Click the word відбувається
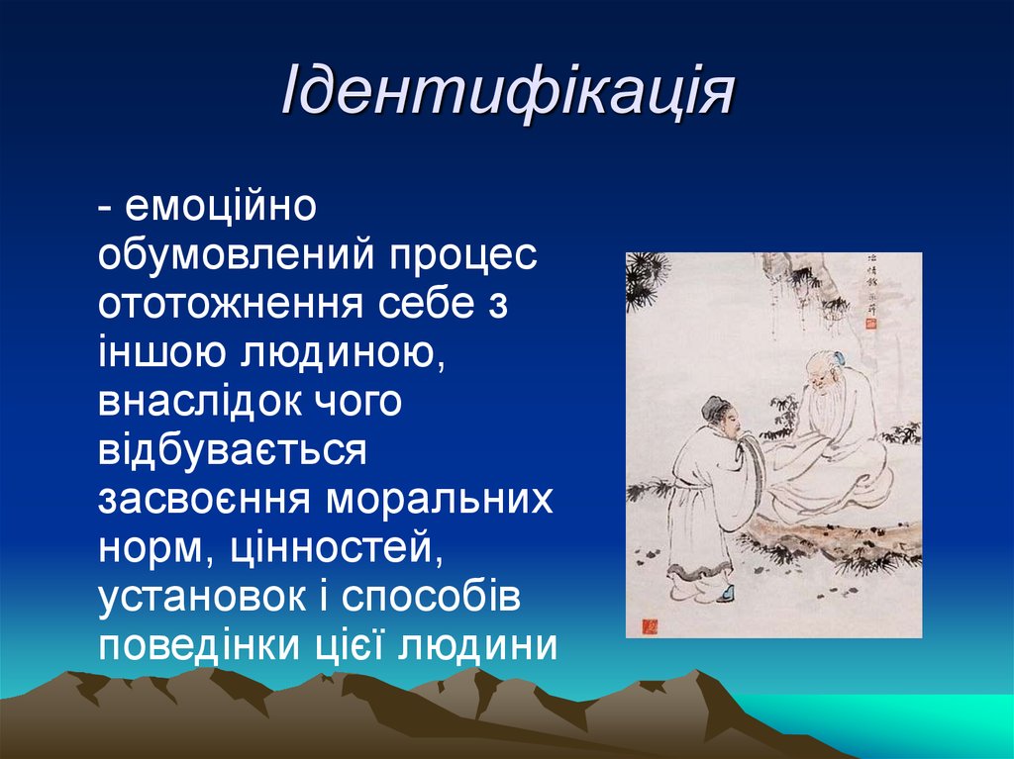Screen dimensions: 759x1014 click(x=233, y=450)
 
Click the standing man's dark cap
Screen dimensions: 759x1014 click(x=714, y=407)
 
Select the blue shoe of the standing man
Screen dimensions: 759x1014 click(x=727, y=594)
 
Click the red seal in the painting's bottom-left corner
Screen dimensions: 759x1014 click(x=650, y=625)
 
